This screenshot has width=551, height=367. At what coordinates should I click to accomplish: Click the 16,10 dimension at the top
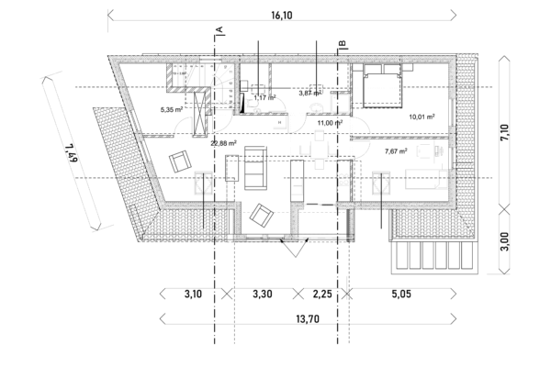tap(282, 16)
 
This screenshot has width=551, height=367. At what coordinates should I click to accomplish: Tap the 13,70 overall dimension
tap(308, 319)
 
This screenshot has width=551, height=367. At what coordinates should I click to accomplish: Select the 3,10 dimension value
tap(193, 294)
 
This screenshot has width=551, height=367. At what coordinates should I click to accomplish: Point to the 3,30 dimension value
tap(262, 294)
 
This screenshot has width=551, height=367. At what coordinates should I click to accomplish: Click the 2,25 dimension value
tap(322, 294)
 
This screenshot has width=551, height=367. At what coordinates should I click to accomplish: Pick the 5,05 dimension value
tap(401, 294)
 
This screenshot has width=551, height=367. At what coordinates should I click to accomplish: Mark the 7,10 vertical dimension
tap(504, 132)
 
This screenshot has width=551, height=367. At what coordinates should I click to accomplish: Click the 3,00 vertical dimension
tap(504, 241)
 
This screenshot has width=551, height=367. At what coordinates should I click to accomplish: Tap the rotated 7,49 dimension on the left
tap(71, 153)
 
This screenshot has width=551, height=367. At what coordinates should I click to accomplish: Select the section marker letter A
tap(220, 30)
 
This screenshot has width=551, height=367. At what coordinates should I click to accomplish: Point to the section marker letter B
tap(342, 44)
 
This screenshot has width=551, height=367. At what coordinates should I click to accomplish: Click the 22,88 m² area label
tap(223, 143)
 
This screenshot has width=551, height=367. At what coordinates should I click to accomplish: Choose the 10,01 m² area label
tap(422, 117)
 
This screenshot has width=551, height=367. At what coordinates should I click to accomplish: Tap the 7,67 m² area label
tap(396, 151)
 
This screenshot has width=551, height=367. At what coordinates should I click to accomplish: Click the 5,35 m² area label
tap(172, 109)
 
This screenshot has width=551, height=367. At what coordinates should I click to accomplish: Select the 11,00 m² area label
tap(330, 123)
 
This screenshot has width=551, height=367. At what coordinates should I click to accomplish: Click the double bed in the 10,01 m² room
tap(382, 85)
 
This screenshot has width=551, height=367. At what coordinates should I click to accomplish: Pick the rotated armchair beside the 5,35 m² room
tap(180, 161)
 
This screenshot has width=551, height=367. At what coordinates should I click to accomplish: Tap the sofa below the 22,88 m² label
tap(255, 168)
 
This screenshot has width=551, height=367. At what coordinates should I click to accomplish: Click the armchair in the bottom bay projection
tap(262, 216)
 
